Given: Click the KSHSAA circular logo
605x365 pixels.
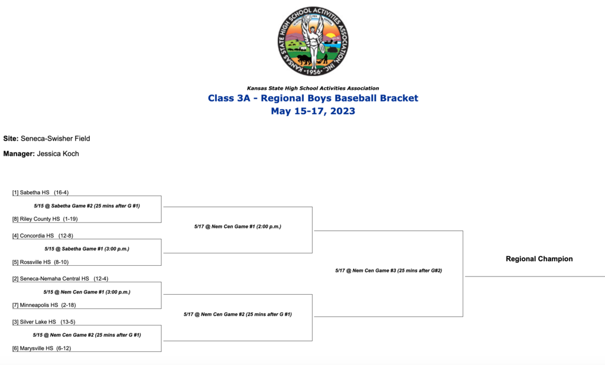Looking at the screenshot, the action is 313,41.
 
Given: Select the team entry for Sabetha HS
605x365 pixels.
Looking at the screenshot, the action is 41,192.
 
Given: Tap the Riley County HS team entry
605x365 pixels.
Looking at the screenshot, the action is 45,219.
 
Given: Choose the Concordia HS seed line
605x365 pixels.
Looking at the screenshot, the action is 43,235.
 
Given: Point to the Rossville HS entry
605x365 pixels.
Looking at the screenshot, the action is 40,262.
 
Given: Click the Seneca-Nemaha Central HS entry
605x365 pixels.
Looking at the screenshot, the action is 60,279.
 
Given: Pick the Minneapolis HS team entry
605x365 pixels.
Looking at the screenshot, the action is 44,305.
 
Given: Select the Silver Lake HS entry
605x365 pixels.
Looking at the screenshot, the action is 44,322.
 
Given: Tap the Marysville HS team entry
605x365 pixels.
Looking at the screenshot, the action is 42,348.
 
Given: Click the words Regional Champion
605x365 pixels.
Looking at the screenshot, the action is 539,259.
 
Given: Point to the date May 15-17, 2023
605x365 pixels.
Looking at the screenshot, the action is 313,111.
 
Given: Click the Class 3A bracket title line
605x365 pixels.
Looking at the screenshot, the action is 313,98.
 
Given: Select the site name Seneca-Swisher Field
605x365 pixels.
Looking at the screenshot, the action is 55,139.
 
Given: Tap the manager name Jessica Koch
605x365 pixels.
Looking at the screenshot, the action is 58,154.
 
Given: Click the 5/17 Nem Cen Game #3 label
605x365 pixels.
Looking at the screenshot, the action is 389,271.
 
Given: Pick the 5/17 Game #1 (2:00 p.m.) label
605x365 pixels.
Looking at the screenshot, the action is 238,226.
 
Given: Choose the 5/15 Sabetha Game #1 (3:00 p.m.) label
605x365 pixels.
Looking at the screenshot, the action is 87,249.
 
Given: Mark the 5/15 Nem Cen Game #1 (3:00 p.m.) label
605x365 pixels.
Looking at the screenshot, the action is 87,292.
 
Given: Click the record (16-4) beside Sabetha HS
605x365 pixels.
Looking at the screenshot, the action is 61,192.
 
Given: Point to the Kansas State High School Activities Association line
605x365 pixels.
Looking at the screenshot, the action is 313,89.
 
